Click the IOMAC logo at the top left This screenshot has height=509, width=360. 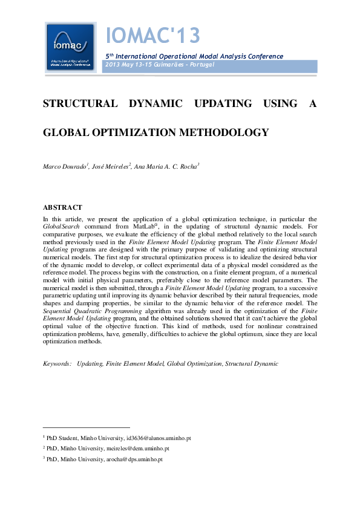tap(70, 47)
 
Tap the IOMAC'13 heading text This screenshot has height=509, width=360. tap(152, 36)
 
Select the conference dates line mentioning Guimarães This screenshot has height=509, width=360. tap(160, 65)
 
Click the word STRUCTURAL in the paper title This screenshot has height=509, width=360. tap(80, 103)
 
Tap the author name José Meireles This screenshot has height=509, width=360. tap(110, 166)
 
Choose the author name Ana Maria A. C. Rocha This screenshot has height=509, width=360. tap(166, 166)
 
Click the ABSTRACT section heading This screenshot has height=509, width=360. tap(62, 207)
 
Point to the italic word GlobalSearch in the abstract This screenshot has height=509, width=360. tap(61, 225)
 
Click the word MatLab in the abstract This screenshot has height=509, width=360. tap(148, 225)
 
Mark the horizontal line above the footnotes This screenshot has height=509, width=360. tap(86, 427)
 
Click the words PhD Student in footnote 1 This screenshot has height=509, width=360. tap(62, 437)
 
